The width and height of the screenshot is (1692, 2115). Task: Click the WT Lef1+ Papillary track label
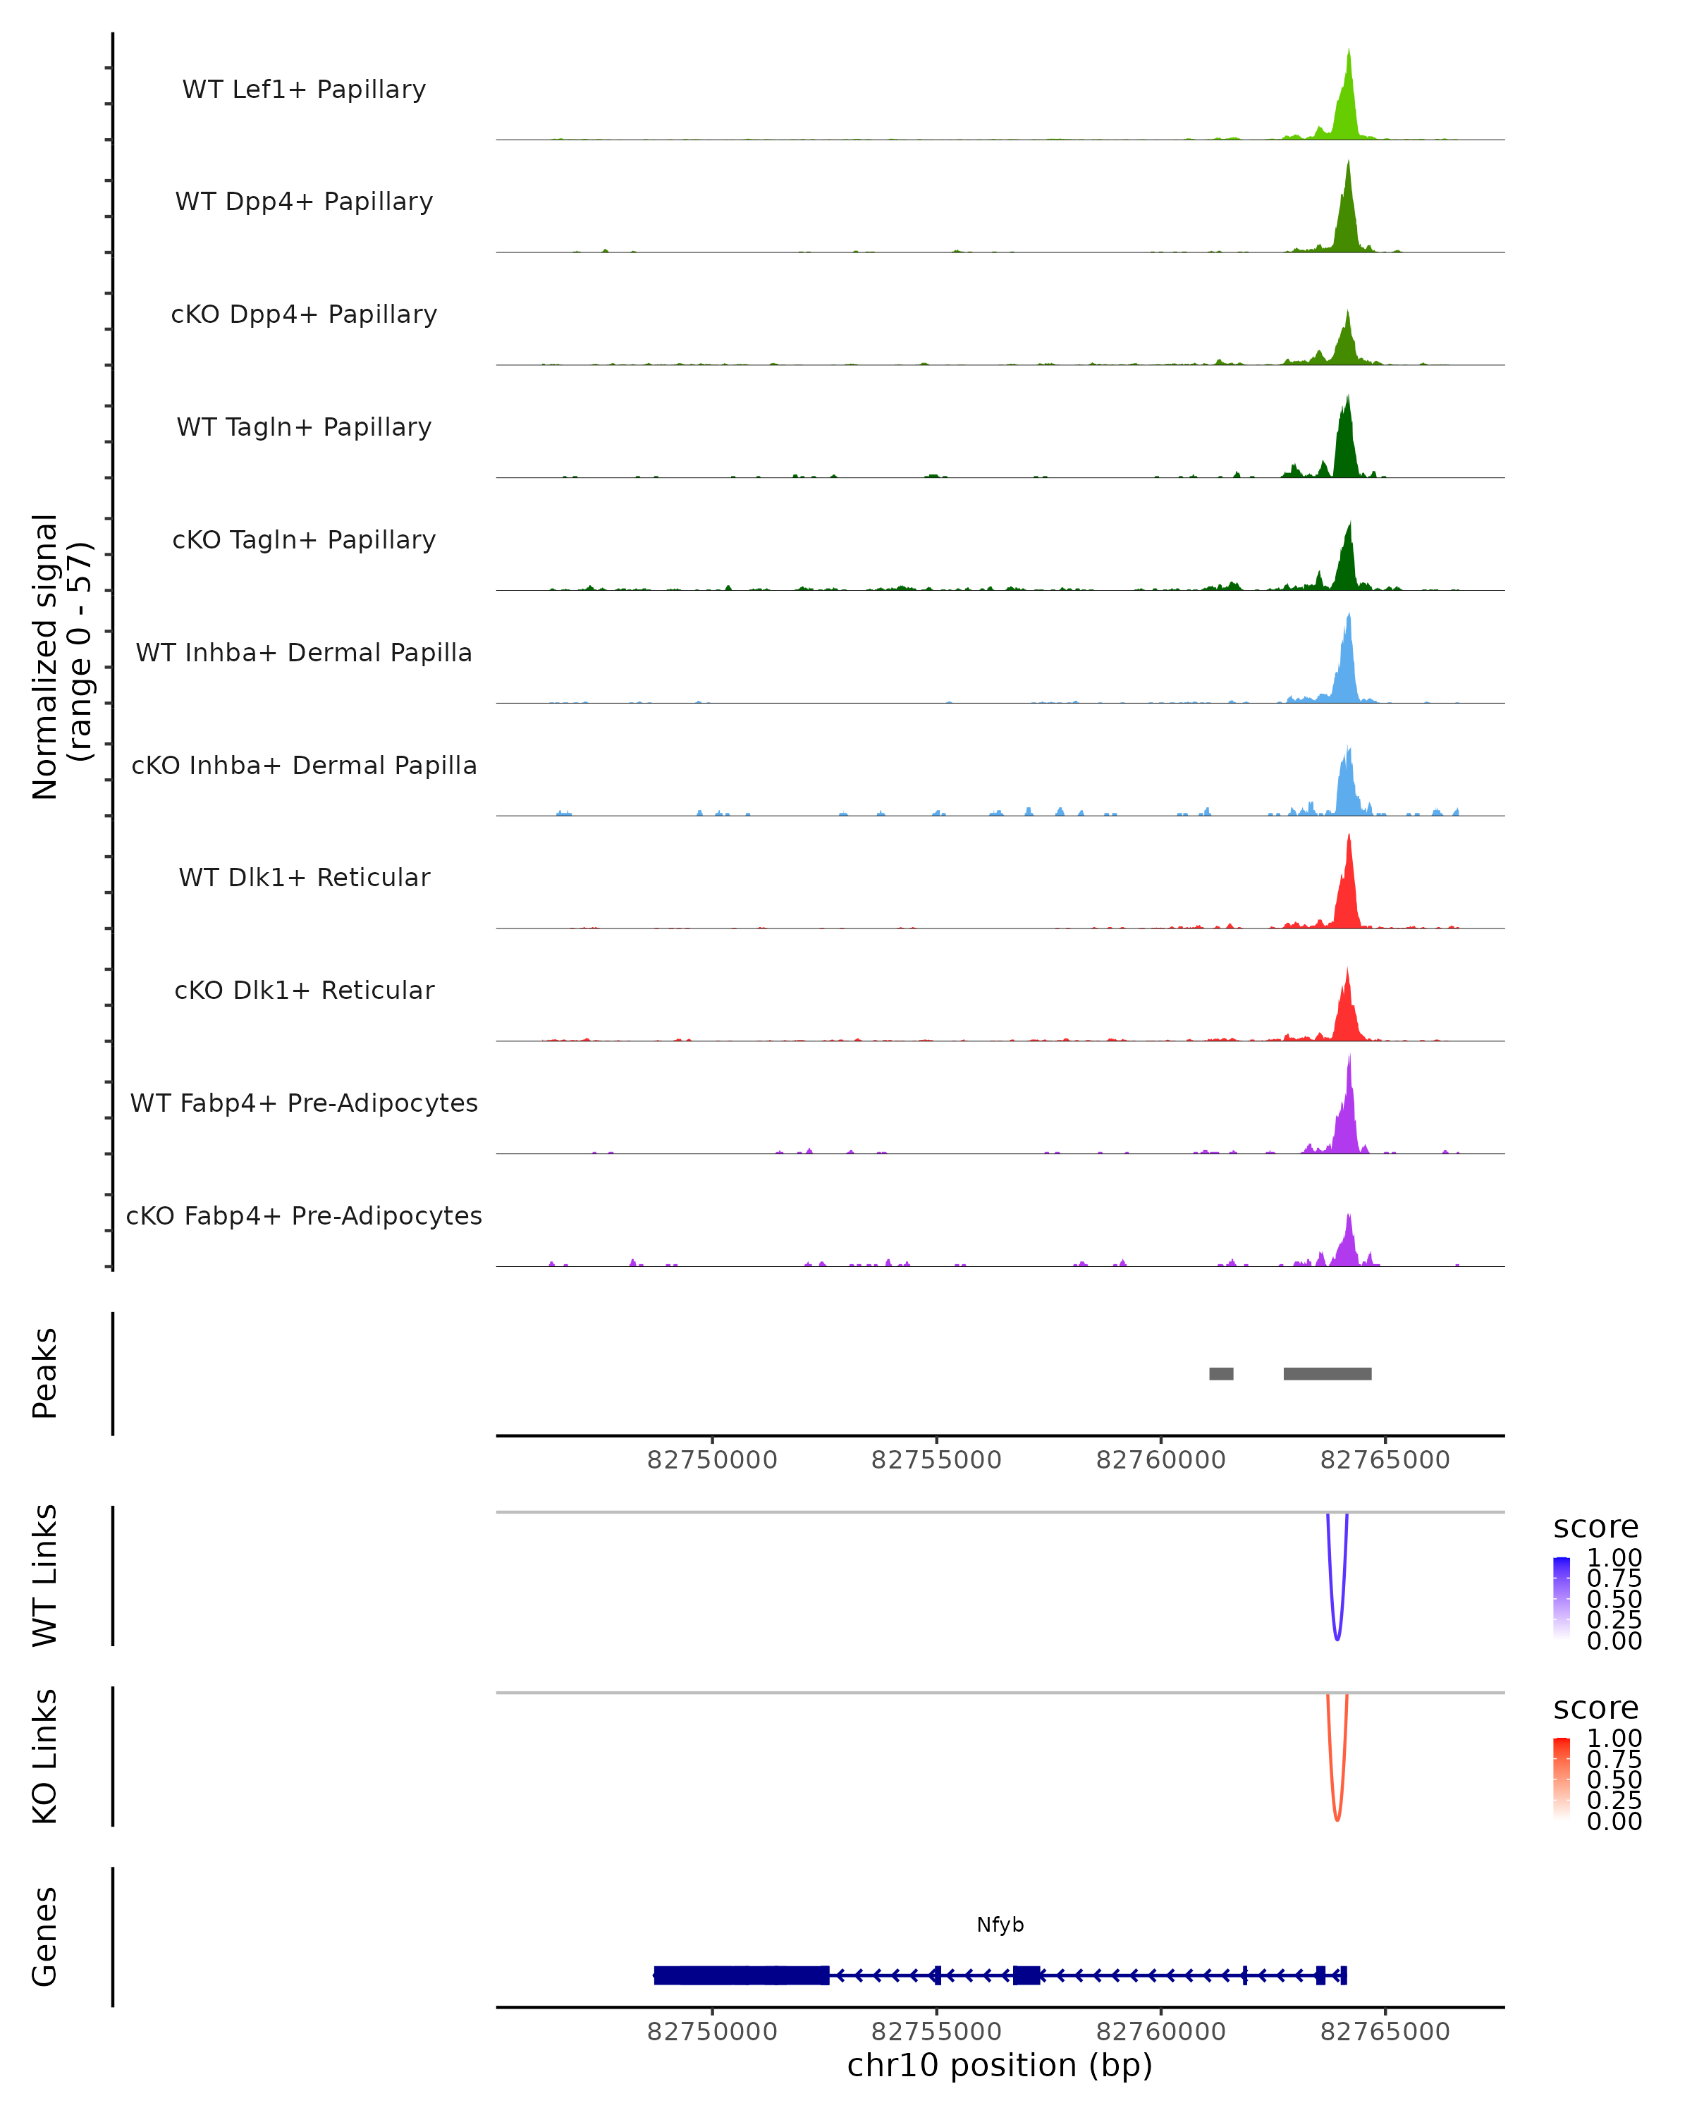point(304,90)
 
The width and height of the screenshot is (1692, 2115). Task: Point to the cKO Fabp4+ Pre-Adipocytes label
point(304,1215)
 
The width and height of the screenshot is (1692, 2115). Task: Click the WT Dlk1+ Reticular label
point(304,877)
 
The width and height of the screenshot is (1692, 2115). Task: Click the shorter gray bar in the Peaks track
point(1220,1373)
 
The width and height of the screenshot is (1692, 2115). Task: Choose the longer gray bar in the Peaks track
point(1327,1373)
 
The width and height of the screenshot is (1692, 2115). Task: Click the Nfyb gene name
point(1000,1925)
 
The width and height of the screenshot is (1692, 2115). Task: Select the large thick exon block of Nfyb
point(740,1975)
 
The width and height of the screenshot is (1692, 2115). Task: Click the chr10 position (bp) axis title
point(1000,2066)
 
